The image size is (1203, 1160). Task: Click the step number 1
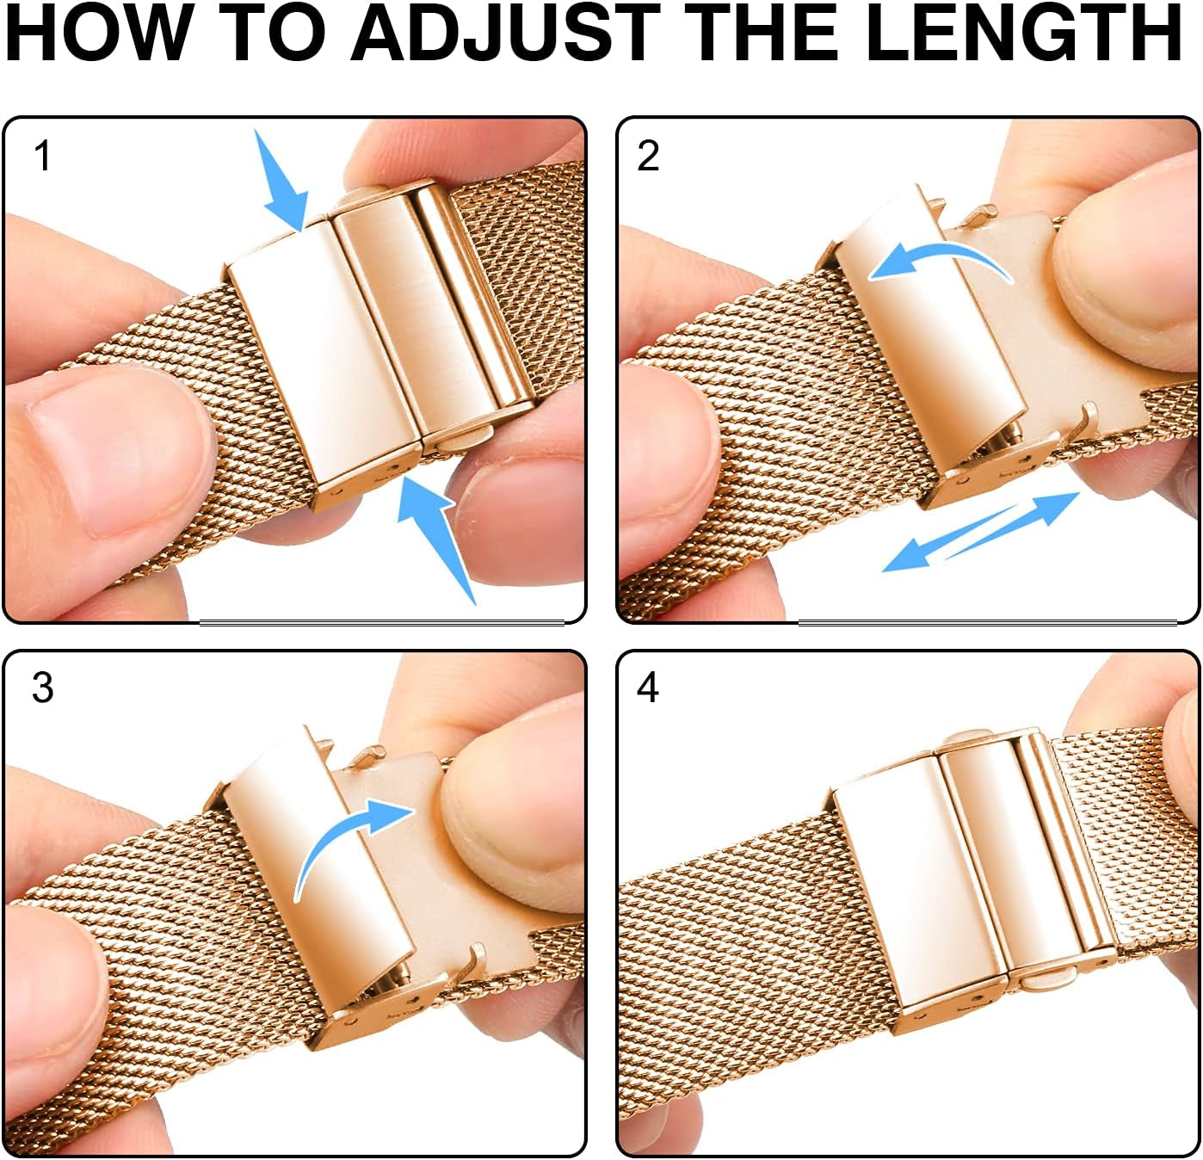[x=41, y=157]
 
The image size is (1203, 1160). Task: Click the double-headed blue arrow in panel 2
[x=981, y=531]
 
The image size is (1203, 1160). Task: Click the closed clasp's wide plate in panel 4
[x=904, y=886]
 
